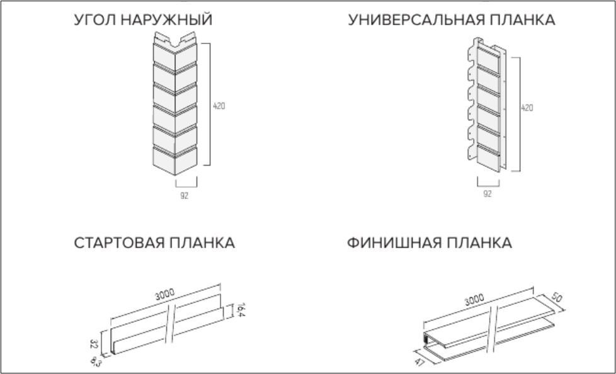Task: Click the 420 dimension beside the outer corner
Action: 219,106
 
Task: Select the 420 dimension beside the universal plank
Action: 527,108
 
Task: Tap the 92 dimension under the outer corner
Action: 184,195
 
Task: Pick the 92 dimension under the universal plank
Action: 488,195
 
